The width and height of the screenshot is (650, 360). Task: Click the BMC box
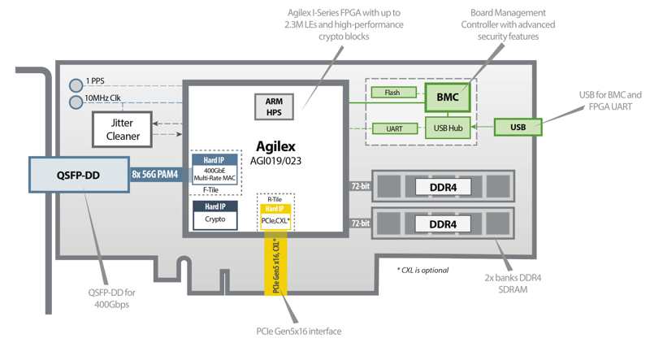coord(446,97)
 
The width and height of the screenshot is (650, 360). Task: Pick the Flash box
coord(392,93)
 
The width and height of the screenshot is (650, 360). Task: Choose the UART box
coord(392,128)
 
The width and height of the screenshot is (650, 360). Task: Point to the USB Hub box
coord(446,128)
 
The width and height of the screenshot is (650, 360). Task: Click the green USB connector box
coord(518,128)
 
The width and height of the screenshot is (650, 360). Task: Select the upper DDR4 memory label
coord(442,186)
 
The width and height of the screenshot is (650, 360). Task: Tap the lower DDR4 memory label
coord(442,223)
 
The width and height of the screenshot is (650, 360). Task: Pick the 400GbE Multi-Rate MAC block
coord(215,175)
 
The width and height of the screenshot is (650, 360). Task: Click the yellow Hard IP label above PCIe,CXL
coord(275,208)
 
